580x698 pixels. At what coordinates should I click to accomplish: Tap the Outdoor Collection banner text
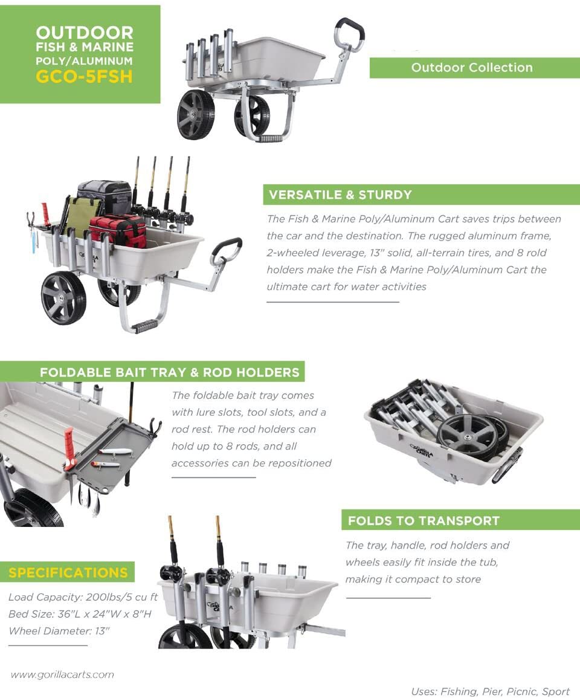click(472, 68)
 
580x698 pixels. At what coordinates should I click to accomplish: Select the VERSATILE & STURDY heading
click(340, 195)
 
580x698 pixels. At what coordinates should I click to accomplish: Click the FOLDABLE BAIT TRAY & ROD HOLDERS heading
click(169, 372)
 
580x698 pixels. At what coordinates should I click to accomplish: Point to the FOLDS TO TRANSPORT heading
click(424, 520)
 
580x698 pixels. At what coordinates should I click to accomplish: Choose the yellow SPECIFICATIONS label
click(68, 572)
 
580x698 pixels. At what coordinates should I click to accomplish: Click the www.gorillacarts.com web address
click(62, 674)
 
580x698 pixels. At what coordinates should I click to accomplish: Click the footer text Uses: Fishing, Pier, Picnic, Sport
click(490, 691)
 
